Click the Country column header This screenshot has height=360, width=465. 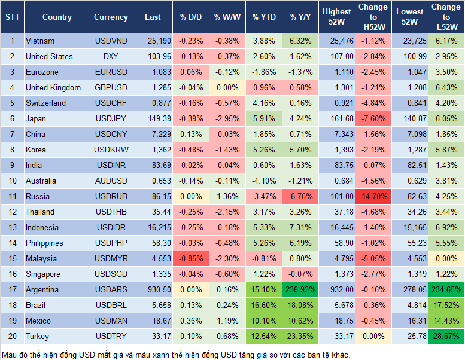[57, 17]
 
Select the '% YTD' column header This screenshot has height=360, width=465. [264, 17]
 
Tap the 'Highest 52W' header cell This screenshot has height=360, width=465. [336, 17]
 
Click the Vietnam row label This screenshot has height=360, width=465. [40, 41]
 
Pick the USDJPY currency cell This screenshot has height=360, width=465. [111, 118]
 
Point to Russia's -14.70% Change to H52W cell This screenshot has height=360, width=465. [373, 196]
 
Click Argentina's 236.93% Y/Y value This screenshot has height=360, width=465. [300, 289]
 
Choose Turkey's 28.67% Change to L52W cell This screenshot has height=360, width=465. [446, 336]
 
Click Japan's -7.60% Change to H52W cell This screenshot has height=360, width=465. [373, 118]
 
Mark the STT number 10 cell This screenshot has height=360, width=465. [11, 181]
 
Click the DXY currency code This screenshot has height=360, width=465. [111, 56]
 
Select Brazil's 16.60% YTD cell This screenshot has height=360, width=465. [264, 305]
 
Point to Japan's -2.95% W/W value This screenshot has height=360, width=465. [227, 118]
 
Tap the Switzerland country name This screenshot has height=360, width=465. [46, 103]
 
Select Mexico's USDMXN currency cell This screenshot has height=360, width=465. [111, 321]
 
